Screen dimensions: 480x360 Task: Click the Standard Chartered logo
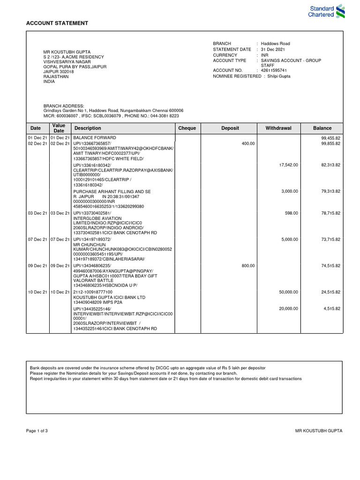[x=326, y=11]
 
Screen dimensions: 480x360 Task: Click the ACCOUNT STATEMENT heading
[x=57, y=23]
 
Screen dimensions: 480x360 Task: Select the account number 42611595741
[x=274, y=70]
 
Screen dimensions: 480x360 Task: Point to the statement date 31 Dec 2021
[x=273, y=49]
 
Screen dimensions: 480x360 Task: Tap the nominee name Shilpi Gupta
[x=279, y=76]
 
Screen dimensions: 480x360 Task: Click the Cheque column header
[x=187, y=128]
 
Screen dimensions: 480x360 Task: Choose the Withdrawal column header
[x=278, y=128]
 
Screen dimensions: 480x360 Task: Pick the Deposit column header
[x=230, y=128]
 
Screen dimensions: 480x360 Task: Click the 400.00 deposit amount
[x=248, y=143]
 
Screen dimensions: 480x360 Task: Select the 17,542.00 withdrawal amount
[x=288, y=165]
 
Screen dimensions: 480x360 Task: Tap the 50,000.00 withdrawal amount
[x=288, y=292]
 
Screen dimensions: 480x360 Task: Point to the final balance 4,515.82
[x=330, y=308]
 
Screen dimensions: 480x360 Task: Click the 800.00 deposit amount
[x=248, y=266]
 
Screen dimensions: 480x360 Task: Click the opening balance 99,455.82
[x=330, y=138]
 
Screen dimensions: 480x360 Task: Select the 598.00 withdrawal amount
[x=292, y=213]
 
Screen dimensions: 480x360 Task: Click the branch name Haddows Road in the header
[x=275, y=44]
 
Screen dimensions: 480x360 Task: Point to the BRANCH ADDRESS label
[x=64, y=106]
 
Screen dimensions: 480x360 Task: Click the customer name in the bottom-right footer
[x=319, y=430]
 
